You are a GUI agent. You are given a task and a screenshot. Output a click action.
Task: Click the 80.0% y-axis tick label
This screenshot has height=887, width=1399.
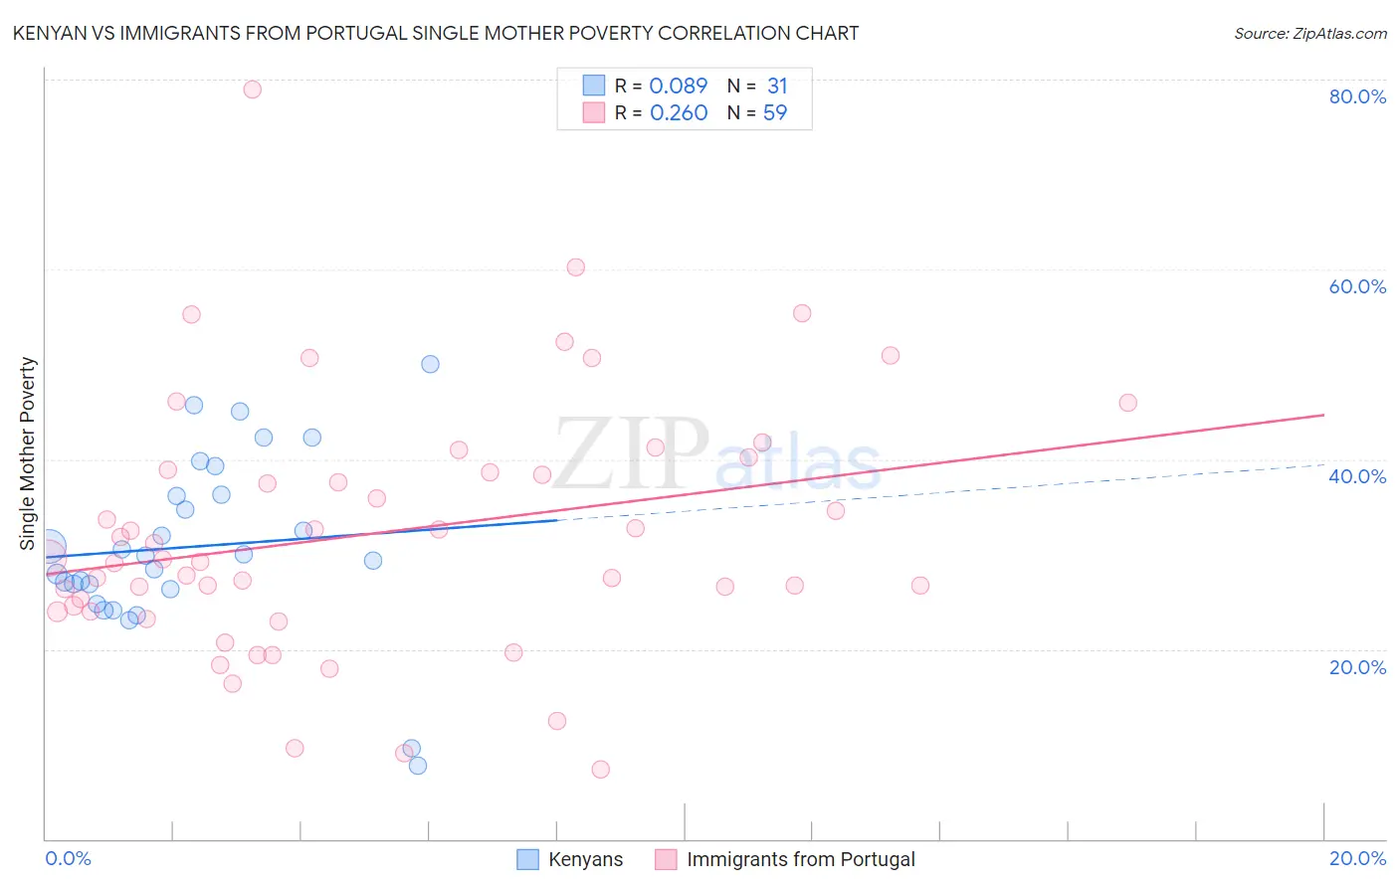(1357, 96)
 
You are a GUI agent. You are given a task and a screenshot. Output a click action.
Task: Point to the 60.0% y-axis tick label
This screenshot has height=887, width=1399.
(1357, 286)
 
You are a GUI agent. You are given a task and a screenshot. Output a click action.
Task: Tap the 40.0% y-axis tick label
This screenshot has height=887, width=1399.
(1357, 476)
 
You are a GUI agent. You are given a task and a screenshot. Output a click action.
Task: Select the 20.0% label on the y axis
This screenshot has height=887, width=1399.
(1357, 667)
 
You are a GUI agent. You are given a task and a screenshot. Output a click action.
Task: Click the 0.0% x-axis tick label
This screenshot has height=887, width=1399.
(68, 858)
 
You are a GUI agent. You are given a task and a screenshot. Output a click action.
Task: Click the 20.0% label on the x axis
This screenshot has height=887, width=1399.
(1357, 858)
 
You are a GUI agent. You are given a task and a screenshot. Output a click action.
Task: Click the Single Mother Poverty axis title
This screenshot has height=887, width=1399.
(28, 453)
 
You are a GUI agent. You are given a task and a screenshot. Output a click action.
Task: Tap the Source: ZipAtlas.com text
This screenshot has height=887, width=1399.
(1309, 33)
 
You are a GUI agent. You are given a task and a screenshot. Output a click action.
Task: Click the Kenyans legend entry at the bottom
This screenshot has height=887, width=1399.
(585, 859)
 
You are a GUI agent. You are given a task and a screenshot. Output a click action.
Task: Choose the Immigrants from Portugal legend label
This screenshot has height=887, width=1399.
(800, 859)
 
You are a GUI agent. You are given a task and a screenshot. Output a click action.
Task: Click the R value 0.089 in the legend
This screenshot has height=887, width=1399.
(678, 86)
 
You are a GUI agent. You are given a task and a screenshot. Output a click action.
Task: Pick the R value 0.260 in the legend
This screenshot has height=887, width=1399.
(678, 112)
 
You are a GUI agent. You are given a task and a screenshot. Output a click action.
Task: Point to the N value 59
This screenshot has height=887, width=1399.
(775, 112)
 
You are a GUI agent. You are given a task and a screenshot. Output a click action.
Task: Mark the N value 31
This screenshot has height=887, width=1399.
(777, 86)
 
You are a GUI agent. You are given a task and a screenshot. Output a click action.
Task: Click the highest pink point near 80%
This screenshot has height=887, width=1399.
(253, 89)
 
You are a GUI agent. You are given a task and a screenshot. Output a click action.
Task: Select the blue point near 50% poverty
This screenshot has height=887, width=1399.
(430, 364)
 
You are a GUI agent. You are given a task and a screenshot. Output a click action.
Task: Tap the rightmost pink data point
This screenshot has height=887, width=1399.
(1127, 403)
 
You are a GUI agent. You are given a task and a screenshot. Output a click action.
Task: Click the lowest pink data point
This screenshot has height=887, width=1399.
(600, 769)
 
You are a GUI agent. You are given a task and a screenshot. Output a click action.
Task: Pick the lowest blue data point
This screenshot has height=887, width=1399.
(418, 765)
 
